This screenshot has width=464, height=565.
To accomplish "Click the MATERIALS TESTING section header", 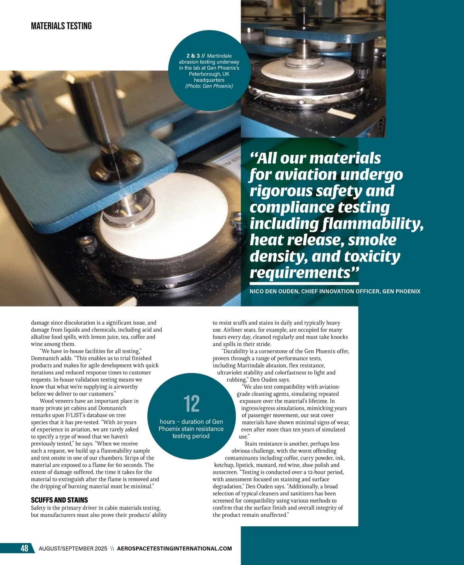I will point(61,26).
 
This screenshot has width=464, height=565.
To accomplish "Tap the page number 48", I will point(24,548).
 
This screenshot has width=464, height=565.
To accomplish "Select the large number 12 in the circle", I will point(191,404).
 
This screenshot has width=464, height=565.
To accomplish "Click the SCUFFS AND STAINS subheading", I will point(59,500).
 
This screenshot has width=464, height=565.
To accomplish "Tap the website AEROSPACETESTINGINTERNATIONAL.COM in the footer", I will point(174,548).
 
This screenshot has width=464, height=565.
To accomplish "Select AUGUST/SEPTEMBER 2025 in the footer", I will point(73,548).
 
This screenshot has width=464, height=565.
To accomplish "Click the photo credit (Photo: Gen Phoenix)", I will point(209,86).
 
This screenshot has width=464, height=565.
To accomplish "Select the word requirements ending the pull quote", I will point(300,272).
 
